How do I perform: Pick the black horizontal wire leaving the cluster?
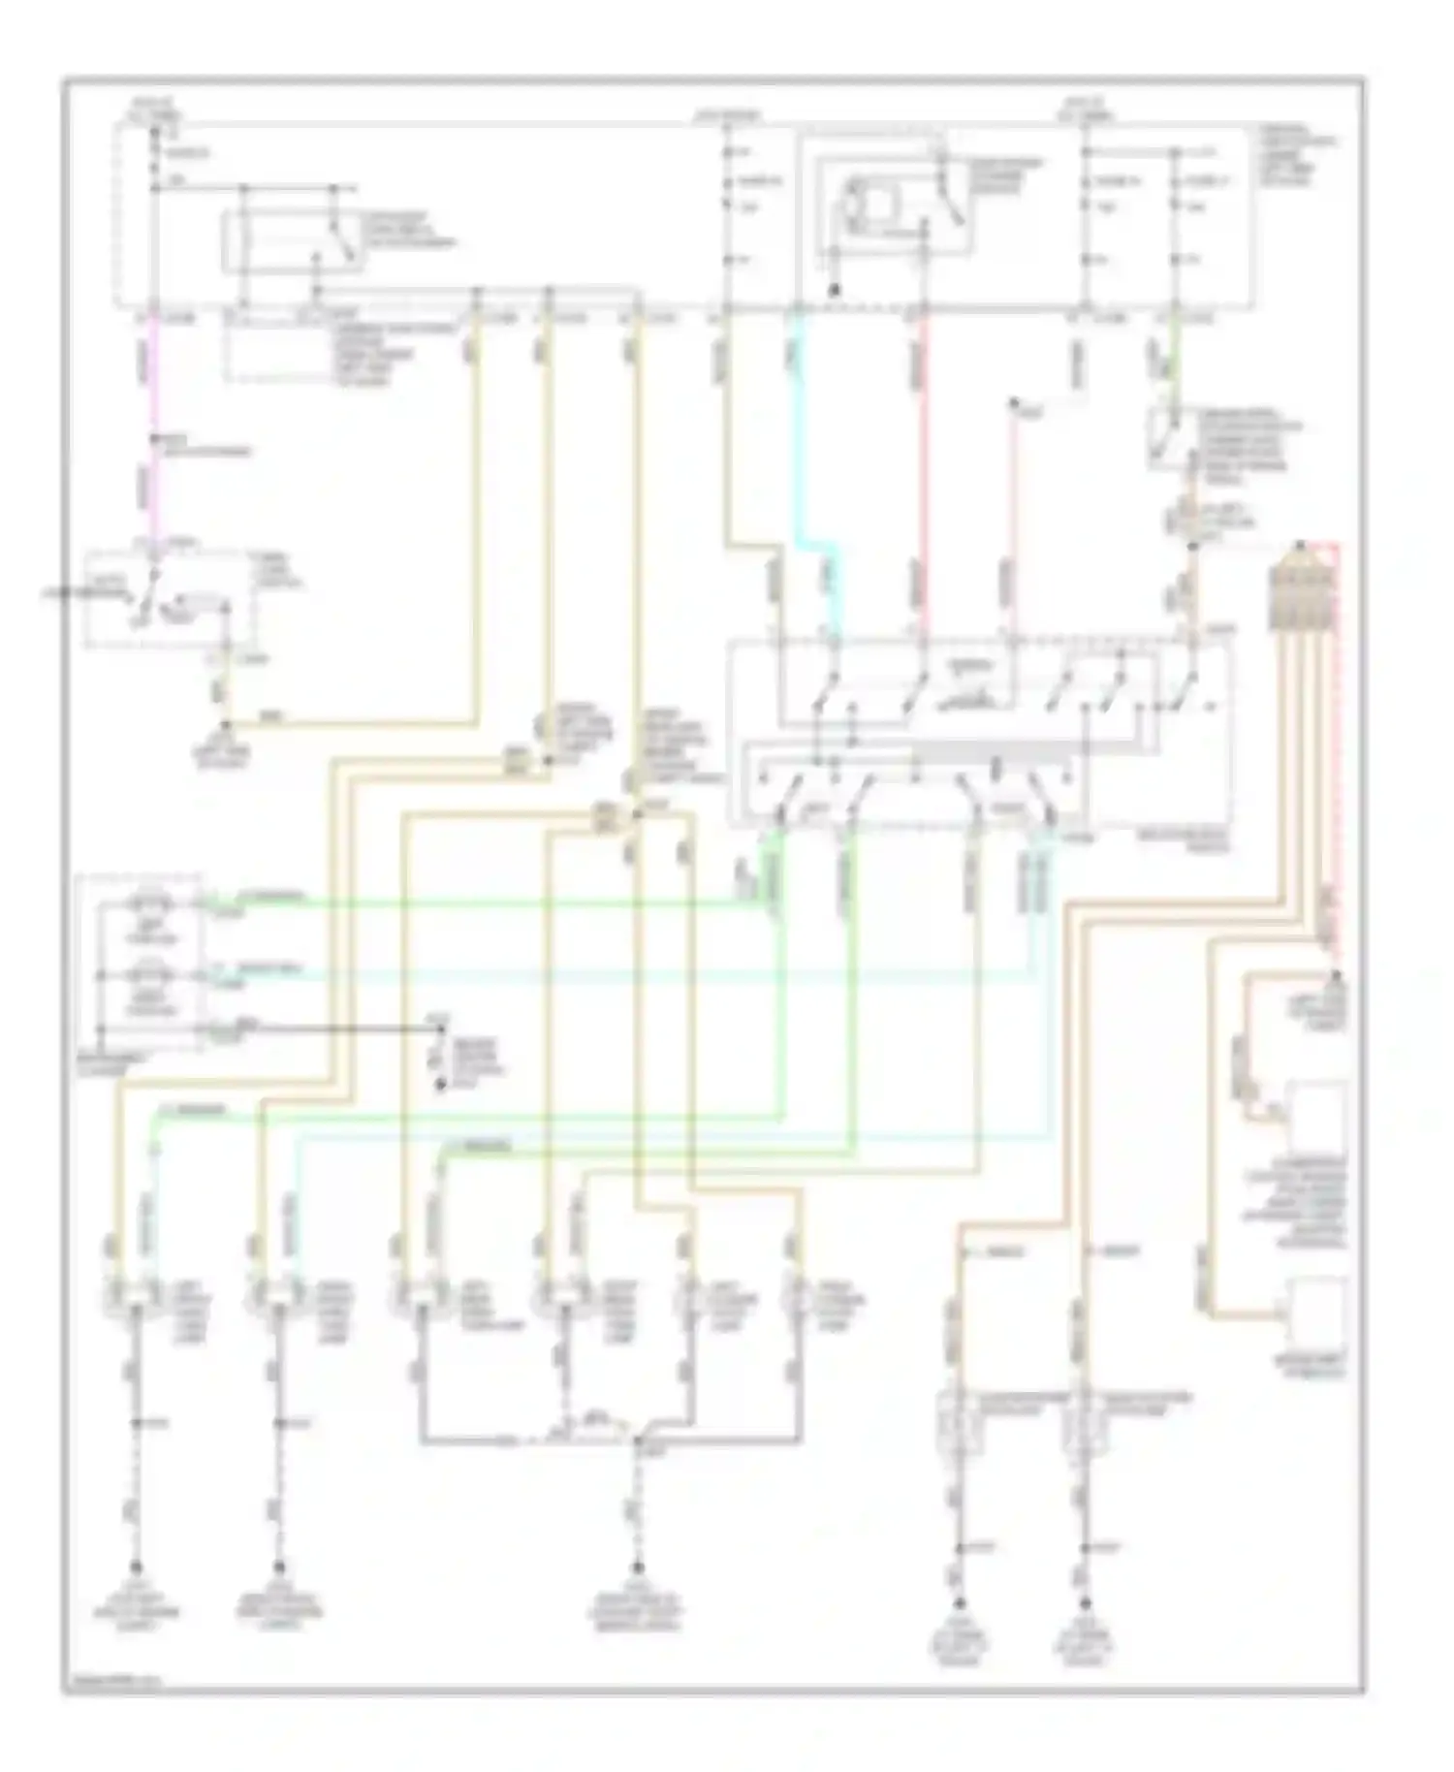[320, 1026]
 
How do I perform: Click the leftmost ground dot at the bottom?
[136, 1566]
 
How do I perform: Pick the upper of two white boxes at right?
[1316, 1115]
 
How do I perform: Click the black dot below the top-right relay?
[834, 290]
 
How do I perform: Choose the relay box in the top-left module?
[291, 240]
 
